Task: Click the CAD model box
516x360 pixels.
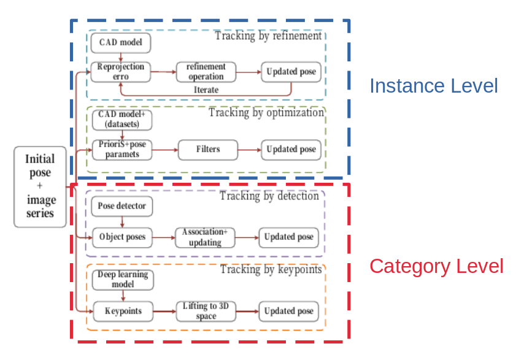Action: pyautogui.click(x=121, y=42)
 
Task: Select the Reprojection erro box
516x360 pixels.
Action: pyautogui.click(x=121, y=72)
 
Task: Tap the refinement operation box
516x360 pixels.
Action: pyautogui.click(x=206, y=72)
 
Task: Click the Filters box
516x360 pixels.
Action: pyautogui.click(x=208, y=149)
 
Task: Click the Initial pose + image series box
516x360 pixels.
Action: pyautogui.click(x=40, y=186)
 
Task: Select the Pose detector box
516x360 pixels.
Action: pyautogui.click(x=122, y=206)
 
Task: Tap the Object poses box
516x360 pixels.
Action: pyautogui.click(x=122, y=237)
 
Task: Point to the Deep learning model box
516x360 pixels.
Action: pyautogui.click(x=123, y=280)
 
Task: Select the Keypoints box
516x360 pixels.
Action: pyautogui.click(x=123, y=311)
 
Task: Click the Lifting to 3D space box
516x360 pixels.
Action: pyautogui.click(x=206, y=311)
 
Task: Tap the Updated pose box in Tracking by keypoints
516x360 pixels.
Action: pyautogui.click(x=289, y=311)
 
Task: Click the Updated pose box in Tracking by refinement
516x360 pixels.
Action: pyautogui.click(x=291, y=72)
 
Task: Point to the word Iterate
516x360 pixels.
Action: pyautogui.click(x=206, y=90)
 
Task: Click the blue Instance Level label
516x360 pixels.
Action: pyautogui.click(x=433, y=86)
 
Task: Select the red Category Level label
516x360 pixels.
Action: pyautogui.click(x=436, y=266)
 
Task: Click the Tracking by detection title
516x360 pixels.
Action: pyautogui.click(x=269, y=196)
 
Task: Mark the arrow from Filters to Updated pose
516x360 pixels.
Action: pyautogui.click(x=248, y=149)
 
